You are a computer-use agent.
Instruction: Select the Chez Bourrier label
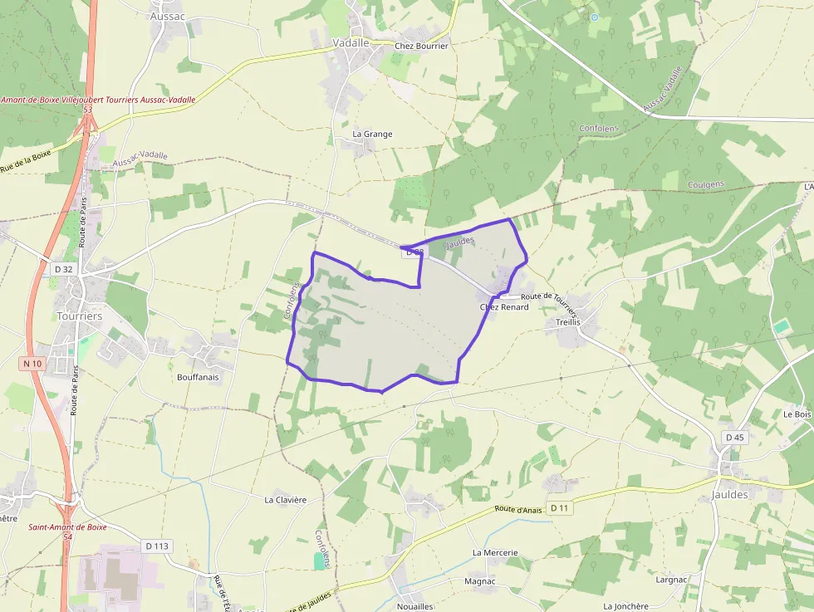coord(421,47)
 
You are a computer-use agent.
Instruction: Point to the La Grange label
coord(372,134)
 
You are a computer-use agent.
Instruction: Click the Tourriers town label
coord(80,316)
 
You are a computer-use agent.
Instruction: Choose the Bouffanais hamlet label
coord(198,377)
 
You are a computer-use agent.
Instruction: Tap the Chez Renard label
coord(504,307)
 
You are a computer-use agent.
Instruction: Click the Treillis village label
coord(562,321)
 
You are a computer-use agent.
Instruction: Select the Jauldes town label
coord(729,494)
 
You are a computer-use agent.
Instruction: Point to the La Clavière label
coord(286,500)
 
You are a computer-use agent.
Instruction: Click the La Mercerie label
coord(495,552)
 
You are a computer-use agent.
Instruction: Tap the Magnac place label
coord(480,581)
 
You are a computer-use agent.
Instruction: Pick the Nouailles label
coord(415,606)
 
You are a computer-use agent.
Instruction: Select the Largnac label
coord(671,580)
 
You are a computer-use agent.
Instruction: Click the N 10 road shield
coord(32,364)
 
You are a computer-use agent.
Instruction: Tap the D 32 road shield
coord(63,269)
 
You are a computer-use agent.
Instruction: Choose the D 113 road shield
coord(157,546)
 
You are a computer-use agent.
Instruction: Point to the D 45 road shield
coord(734,437)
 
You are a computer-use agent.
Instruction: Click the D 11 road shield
coord(561,508)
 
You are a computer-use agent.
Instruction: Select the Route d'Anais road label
coord(518,510)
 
